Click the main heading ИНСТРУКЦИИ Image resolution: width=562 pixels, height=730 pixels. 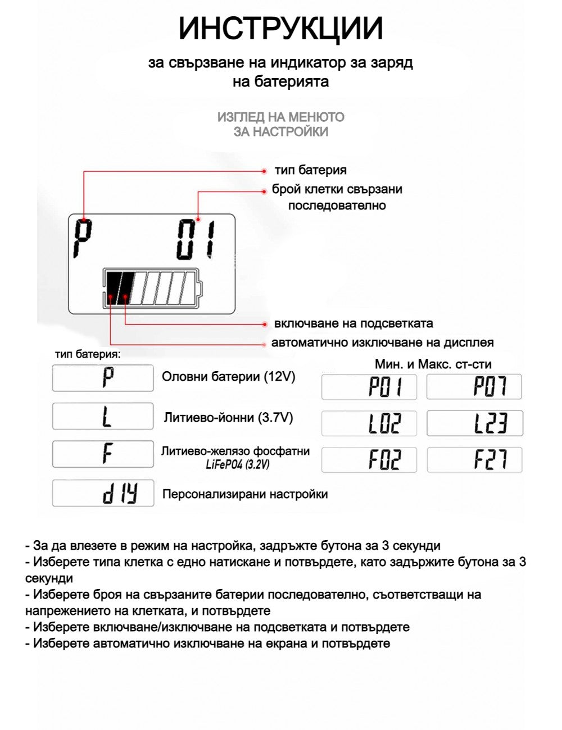point(280,28)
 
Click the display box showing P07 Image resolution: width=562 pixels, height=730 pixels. point(474,387)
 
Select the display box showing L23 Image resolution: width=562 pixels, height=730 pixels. point(474,423)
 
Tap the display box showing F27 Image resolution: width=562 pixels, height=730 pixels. point(474,460)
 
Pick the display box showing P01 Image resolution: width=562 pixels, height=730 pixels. point(369,387)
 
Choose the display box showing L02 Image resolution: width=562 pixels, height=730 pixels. point(369,423)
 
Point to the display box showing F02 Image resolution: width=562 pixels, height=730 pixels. point(369,460)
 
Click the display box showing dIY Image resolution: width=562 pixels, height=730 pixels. point(103,494)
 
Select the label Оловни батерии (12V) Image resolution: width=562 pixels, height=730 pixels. point(229,377)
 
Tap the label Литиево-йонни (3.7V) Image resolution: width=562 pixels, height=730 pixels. point(228,418)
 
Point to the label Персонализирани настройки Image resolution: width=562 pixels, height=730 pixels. point(245,494)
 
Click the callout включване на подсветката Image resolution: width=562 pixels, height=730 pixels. point(353,323)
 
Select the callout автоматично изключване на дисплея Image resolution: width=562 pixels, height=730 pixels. point(382,343)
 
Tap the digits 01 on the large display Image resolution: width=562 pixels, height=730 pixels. point(196,240)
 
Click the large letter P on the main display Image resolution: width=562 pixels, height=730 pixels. point(83,239)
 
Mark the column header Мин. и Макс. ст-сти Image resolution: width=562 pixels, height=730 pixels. point(433,364)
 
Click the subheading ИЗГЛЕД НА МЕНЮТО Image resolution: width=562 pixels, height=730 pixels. point(280,117)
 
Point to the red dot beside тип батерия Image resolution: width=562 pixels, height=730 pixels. point(265,171)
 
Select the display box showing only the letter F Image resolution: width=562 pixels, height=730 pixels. point(103,454)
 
